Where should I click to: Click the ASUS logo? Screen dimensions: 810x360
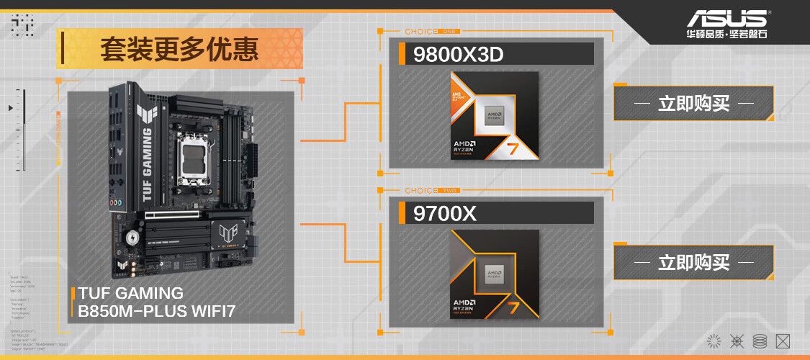click(x=726, y=18)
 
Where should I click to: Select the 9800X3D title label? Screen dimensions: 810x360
click(x=458, y=54)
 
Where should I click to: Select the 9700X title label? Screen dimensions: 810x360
click(x=445, y=213)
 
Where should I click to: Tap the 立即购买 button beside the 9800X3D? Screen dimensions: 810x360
click(x=693, y=104)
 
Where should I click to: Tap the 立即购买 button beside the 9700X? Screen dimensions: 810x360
click(x=693, y=262)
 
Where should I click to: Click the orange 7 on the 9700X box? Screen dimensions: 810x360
click(x=513, y=307)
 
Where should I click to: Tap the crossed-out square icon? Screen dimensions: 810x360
click(x=783, y=341)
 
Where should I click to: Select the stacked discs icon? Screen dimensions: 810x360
click(x=759, y=341)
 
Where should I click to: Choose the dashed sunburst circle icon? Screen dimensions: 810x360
click(x=714, y=341)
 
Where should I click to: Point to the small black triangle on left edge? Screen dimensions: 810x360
click(x=10, y=108)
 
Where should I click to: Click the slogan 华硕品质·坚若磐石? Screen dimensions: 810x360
click(x=726, y=34)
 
